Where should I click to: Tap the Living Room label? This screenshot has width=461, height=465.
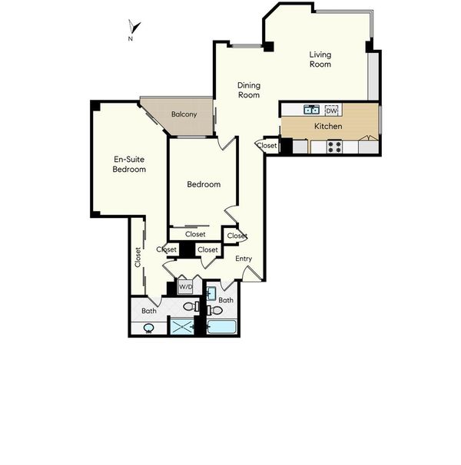tap(320, 59)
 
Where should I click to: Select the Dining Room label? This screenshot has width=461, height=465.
tap(249, 90)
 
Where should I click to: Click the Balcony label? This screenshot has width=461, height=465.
tap(184, 114)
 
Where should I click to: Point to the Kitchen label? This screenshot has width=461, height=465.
tap(328, 127)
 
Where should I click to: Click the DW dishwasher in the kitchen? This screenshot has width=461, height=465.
tap(331, 110)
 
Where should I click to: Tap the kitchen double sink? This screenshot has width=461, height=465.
tap(312, 110)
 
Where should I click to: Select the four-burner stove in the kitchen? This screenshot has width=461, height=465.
tap(334, 147)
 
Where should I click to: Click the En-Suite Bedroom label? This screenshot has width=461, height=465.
tap(129, 164)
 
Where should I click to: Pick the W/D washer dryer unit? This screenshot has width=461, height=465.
tap(185, 287)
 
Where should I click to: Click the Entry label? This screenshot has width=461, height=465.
tap(244, 259)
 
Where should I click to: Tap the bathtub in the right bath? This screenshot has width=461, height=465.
tap(221, 327)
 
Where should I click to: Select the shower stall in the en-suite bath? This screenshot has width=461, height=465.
tap(182, 327)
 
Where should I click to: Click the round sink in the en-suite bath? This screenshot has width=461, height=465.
tap(148, 328)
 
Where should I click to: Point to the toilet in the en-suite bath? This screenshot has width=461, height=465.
tap(191, 306)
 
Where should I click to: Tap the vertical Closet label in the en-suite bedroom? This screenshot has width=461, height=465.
tap(138, 257)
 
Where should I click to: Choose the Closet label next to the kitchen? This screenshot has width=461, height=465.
tap(267, 146)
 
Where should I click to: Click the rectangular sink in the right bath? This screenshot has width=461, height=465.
tap(211, 293)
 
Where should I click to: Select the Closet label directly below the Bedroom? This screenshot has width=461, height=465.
tap(195, 234)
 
